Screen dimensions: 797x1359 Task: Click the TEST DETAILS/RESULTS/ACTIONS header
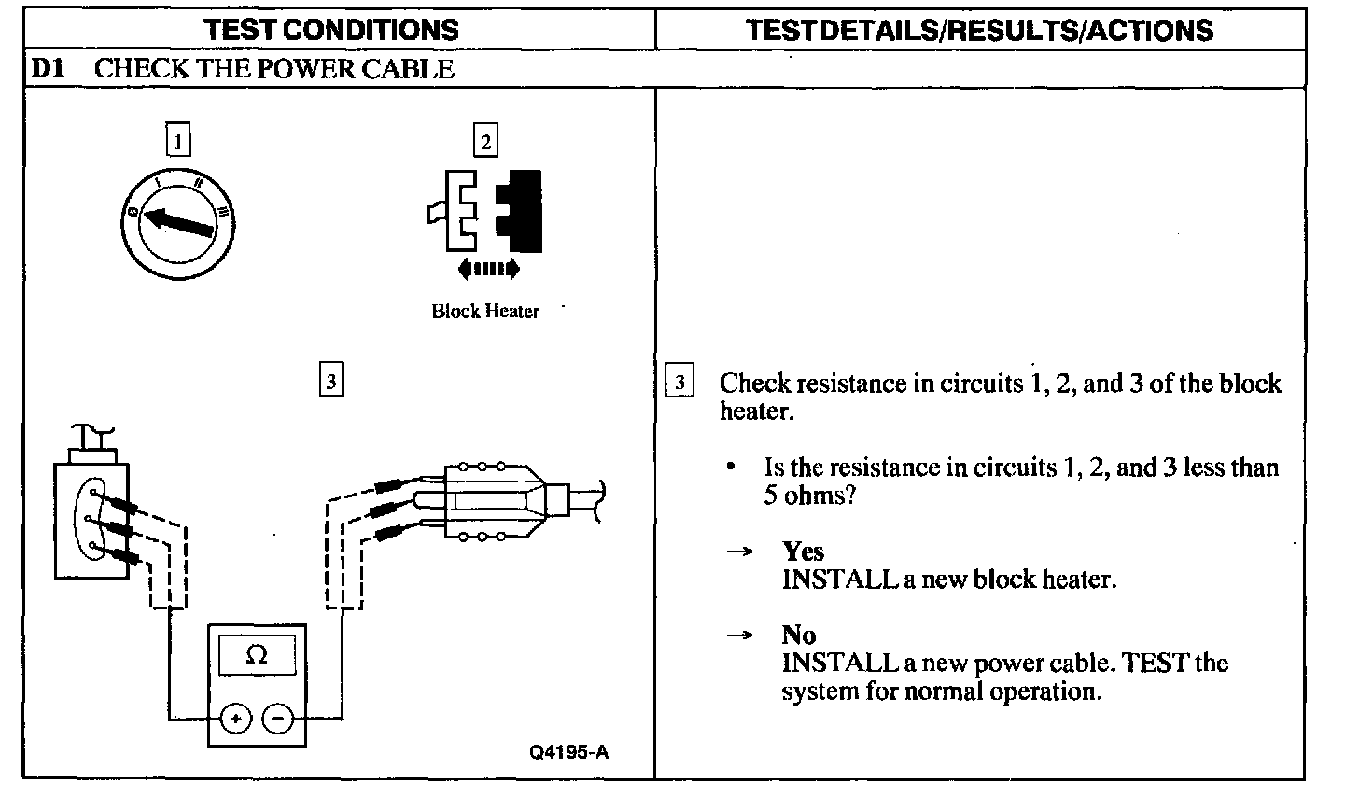(x=980, y=30)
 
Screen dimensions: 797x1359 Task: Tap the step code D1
(x=47, y=69)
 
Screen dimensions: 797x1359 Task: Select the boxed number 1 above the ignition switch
(x=177, y=141)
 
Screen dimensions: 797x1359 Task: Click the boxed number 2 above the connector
(x=484, y=141)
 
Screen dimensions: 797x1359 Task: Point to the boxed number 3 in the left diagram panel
(x=331, y=381)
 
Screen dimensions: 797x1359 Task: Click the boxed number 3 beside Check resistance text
(x=679, y=383)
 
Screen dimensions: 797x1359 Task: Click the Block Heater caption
(x=485, y=312)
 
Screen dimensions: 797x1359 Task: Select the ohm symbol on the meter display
(x=257, y=655)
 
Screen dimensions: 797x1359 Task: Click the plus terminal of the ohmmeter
(x=236, y=719)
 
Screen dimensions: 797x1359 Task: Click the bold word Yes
(x=803, y=552)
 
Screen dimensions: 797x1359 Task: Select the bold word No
(x=799, y=636)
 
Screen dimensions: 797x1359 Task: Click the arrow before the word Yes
(x=739, y=552)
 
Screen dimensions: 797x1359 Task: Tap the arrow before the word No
(x=739, y=636)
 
